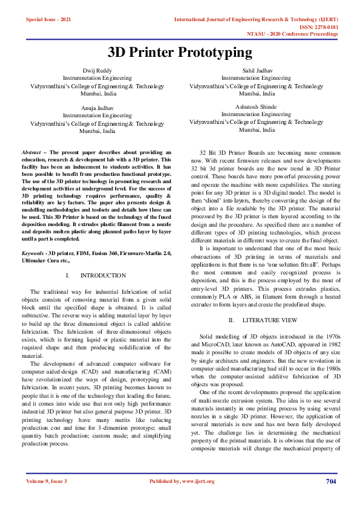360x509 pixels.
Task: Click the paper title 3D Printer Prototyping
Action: point(180,53)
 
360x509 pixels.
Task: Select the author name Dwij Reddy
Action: point(97,71)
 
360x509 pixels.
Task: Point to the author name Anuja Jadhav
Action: point(97,108)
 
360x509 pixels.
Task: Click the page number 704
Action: point(330,481)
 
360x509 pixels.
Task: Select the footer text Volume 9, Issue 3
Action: point(47,481)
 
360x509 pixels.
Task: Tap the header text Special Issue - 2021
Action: point(48,20)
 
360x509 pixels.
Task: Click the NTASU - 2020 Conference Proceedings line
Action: point(293,34)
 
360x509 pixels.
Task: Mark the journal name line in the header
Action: point(256,20)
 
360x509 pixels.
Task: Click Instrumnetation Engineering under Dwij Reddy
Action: point(97,79)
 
